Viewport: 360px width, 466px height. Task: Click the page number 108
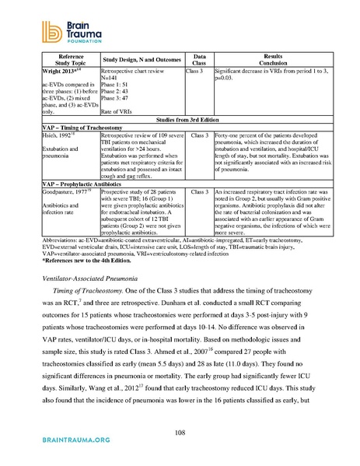pyautogui.click(x=180, y=432)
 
